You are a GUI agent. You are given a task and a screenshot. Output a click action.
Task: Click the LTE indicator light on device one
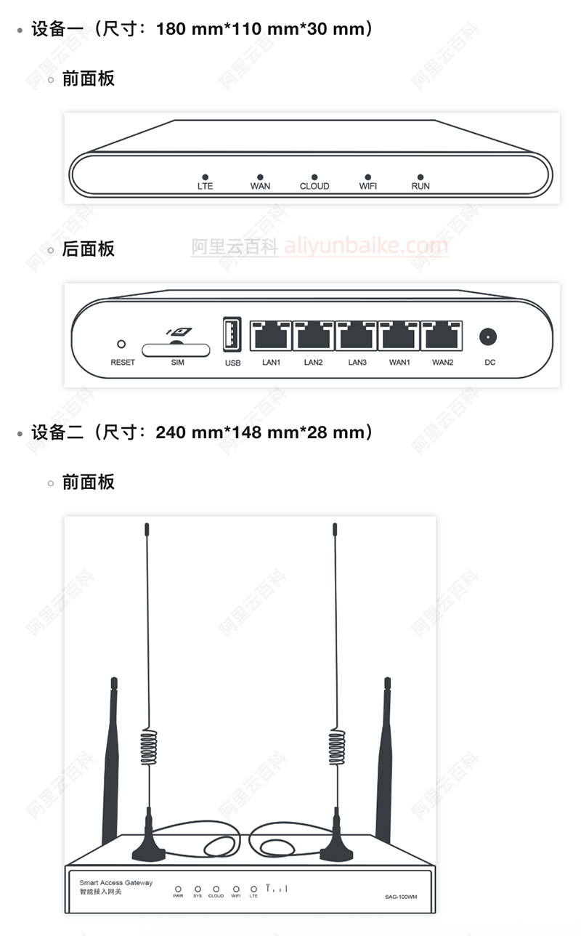pos(206,177)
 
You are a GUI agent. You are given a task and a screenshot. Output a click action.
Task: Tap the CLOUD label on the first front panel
pos(314,187)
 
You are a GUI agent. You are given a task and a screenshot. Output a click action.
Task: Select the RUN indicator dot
pos(420,177)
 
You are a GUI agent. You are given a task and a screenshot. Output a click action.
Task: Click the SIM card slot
pos(176,349)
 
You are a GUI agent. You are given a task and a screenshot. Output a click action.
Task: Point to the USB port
pos(232,335)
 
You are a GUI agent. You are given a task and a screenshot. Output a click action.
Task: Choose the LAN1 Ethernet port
pos(271,336)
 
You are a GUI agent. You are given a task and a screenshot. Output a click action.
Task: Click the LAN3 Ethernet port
pos(357,336)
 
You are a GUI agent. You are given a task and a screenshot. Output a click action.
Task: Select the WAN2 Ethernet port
pos(442,336)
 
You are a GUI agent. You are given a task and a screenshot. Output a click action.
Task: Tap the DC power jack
pos(489,337)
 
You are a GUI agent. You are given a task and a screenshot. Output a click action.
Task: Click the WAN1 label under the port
pos(399,362)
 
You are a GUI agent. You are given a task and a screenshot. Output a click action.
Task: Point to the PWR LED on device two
pos(178,888)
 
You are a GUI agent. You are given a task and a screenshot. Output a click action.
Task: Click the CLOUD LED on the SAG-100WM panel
pos(216,888)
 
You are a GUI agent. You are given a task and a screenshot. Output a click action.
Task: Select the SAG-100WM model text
pos(401,897)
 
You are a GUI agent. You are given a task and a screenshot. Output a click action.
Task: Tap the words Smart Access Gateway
pos(116,883)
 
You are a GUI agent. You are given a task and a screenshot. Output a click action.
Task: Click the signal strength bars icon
pos(277,888)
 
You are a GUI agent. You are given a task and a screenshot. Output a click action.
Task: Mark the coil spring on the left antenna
pos(148,749)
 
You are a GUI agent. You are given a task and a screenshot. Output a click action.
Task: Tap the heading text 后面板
pos(88,249)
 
